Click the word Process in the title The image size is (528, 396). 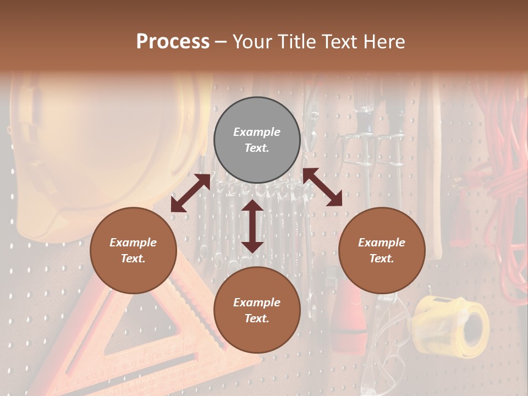click(173, 42)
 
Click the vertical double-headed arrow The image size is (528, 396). click(252, 226)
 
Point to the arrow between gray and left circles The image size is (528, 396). click(190, 193)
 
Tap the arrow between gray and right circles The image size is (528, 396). click(322, 187)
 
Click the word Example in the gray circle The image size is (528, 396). click(257, 132)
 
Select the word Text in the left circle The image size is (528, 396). click(133, 258)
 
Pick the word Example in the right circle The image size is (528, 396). click(382, 243)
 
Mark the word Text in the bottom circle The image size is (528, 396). click(257, 318)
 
